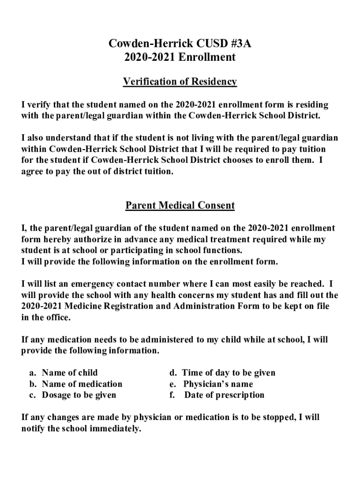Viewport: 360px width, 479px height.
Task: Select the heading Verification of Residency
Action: coord(180,82)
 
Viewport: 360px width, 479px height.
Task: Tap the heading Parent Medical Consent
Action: coord(180,205)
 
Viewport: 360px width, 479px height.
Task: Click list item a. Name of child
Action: coord(64,373)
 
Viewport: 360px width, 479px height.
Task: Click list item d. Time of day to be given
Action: coord(222,373)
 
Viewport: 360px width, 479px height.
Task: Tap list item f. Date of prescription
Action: coord(217,395)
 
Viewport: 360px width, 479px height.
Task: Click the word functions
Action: coord(219,250)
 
